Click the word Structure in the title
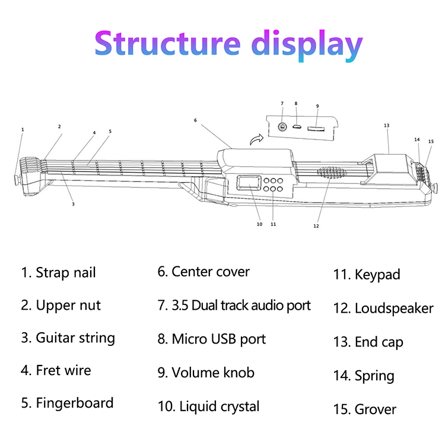click(x=167, y=44)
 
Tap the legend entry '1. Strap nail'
click(x=58, y=273)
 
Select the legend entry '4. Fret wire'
click(x=56, y=371)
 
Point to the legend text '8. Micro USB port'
click(x=211, y=339)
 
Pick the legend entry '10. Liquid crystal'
click(x=208, y=406)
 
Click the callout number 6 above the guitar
click(x=195, y=120)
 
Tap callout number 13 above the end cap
click(x=386, y=126)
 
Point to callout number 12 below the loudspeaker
click(x=316, y=226)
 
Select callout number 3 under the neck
click(x=73, y=204)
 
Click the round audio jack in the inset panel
click(x=283, y=127)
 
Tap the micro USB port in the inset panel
click(x=298, y=127)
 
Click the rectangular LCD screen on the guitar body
click(x=249, y=184)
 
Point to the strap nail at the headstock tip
click(x=17, y=177)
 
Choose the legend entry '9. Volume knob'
click(x=206, y=373)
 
